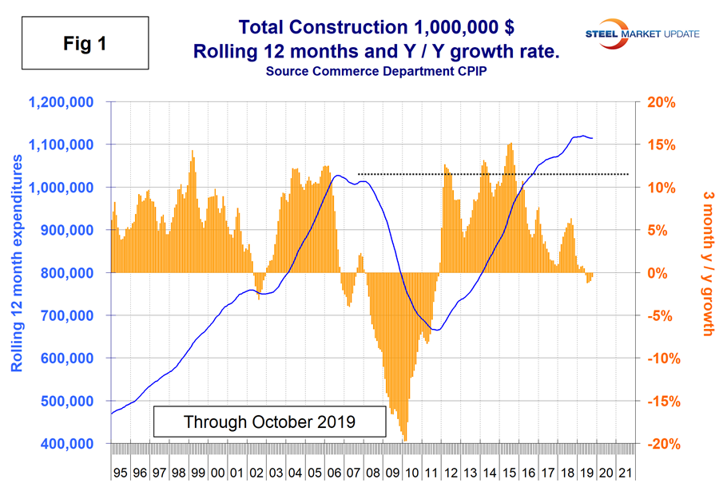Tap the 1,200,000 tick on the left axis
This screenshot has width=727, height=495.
62,102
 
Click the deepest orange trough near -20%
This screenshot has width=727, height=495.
405,438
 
